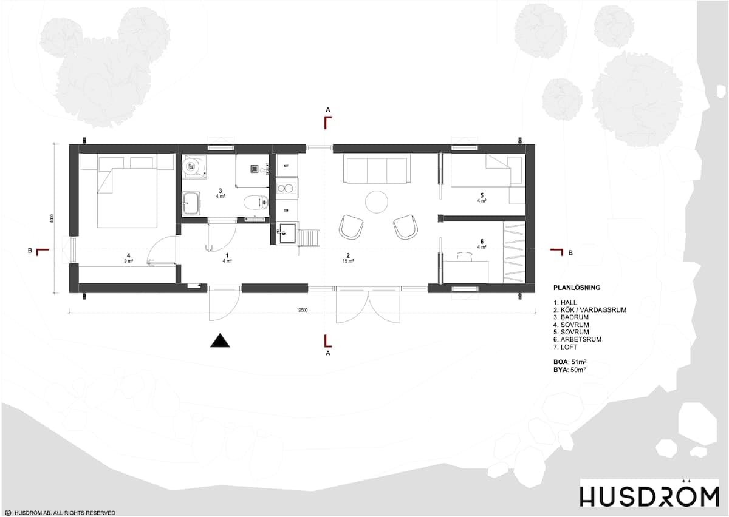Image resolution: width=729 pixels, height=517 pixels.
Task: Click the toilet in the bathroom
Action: [254, 202]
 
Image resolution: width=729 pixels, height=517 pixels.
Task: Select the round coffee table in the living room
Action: [377, 201]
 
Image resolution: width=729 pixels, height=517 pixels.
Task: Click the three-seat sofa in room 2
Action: [377, 168]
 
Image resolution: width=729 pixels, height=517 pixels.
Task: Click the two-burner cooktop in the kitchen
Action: [286, 188]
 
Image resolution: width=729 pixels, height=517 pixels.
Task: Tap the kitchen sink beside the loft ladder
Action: [287, 233]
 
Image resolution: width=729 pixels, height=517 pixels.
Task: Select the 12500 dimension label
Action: [303, 310]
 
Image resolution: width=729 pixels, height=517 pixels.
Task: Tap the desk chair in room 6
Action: [465, 257]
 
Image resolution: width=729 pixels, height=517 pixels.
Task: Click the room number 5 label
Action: [482, 195]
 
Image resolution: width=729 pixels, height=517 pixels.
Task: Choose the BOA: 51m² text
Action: [570, 362]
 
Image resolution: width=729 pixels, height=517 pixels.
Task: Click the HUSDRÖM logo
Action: [649, 494]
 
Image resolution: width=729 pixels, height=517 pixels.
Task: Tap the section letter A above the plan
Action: [328, 109]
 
